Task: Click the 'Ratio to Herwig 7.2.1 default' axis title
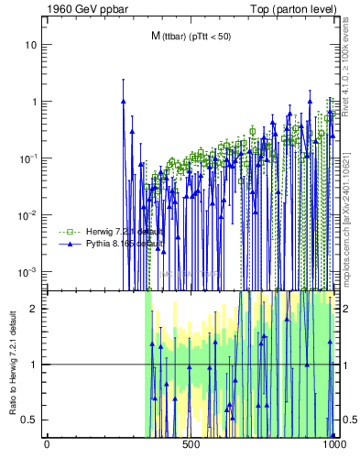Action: coord(12,364)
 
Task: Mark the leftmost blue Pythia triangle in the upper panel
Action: coord(123,102)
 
